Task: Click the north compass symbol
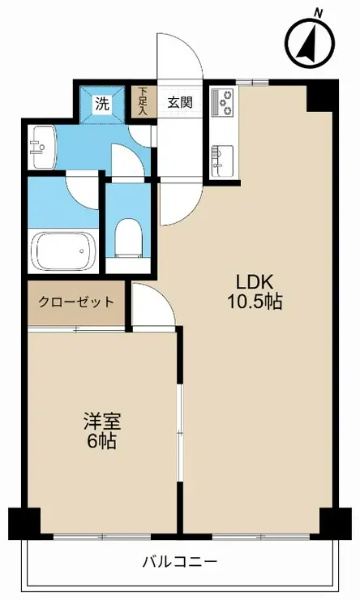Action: (x=311, y=43)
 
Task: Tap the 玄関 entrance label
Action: (x=180, y=102)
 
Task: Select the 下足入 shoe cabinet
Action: (x=143, y=101)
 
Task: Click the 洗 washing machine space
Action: (x=102, y=104)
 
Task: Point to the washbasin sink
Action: (x=42, y=147)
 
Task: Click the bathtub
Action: (x=63, y=251)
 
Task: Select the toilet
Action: (x=128, y=238)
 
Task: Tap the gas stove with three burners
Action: (x=223, y=102)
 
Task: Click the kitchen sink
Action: (x=222, y=161)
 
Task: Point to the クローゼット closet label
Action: (x=76, y=302)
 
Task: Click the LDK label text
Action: (x=255, y=283)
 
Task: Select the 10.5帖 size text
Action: (x=255, y=302)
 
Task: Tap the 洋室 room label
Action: (x=102, y=422)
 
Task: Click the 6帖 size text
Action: (x=102, y=442)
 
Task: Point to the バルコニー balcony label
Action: (x=180, y=562)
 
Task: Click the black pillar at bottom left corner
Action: (x=24, y=523)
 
